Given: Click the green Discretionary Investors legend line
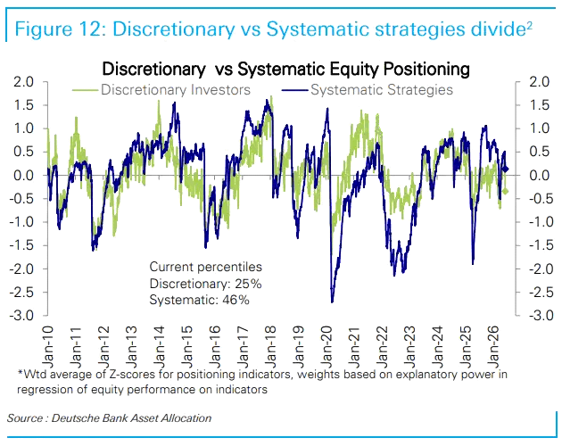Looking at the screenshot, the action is pos(85,90).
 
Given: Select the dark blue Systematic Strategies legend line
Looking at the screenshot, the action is pos(295,90).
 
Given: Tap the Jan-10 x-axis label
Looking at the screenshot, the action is pos(47,347).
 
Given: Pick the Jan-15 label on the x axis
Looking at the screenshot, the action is pos(187,347).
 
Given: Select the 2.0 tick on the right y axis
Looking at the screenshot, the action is pos(540,82).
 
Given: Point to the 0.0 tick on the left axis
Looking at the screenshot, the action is pos(23,176).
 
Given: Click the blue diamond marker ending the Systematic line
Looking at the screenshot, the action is pos(506,169).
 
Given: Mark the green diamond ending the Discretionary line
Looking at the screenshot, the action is pos(506,192).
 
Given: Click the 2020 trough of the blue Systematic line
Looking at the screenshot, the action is pos(332,301).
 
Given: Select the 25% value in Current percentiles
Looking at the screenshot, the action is pos(248,284).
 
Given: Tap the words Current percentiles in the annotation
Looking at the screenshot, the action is pos(206,267).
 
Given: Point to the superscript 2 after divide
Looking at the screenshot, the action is pos(529,26).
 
